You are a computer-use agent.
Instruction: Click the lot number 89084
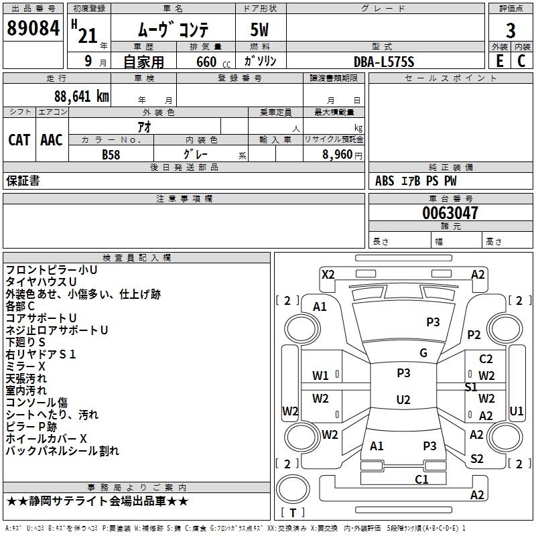click(x=33, y=28)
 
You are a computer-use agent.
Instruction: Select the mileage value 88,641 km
click(x=81, y=96)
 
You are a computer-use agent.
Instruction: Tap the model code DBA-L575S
click(x=384, y=62)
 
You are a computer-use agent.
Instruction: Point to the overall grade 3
click(x=511, y=31)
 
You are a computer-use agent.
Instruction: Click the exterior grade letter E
click(x=499, y=61)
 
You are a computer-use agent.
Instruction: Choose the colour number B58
click(x=111, y=155)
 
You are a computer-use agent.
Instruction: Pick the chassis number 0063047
click(x=450, y=213)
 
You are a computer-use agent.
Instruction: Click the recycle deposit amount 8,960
click(x=338, y=155)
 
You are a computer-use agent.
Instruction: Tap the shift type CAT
click(x=19, y=140)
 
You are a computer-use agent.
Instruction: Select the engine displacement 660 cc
click(x=213, y=62)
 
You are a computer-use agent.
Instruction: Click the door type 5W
click(x=259, y=30)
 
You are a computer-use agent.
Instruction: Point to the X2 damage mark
click(x=328, y=275)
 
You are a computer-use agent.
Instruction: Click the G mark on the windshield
click(x=423, y=353)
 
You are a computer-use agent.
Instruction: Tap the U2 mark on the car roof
click(x=403, y=399)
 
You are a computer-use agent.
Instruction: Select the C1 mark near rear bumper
click(x=421, y=479)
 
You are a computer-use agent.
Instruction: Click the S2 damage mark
click(x=476, y=458)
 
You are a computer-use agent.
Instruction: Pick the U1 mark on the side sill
click(x=516, y=411)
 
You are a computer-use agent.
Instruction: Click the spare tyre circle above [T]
click(x=293, y=489)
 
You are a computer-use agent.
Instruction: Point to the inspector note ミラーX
click(x=25, y=366)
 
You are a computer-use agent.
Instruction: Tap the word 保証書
click(x=23, y=181)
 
